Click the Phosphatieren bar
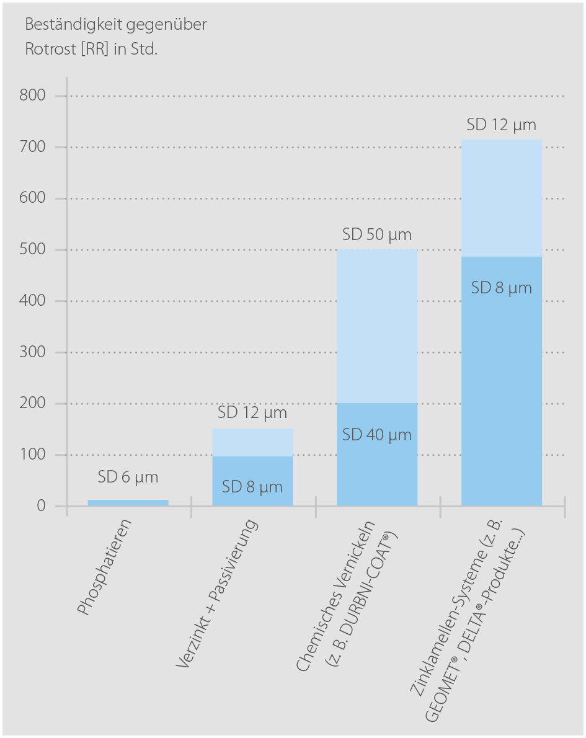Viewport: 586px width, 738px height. click(x=128, y=502)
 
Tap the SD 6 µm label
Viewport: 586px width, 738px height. click(x=128, y=478)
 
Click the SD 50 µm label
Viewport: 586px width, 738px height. click(x=377, y=236)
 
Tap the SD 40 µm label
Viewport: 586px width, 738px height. click(x=377, y=435)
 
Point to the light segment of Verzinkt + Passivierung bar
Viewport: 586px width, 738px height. click(x=252, y=443)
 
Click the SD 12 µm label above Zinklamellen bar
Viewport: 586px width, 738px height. click(x=502, y=125)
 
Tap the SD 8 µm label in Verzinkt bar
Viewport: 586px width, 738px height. click(x=252, y=487)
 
